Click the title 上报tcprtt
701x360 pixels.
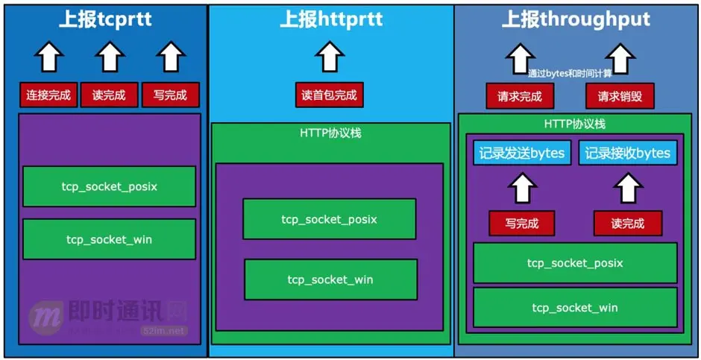pos(106,19)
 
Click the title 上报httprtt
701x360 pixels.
pos(331,19)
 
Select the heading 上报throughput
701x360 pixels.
pos(576,19)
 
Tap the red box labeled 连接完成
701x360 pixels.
pos(48,95)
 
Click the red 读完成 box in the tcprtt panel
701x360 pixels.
pos(109,95)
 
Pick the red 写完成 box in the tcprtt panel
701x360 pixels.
pos(171,95)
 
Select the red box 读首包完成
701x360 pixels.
pos(329,95)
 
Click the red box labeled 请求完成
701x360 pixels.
pos(520,96)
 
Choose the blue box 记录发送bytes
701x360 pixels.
pos(522,153)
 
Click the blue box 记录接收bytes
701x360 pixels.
pos(628,153)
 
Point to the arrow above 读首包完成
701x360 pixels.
pos(329,57)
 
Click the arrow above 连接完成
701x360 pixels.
pos(49,57)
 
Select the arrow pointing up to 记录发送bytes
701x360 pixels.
pos(522,188)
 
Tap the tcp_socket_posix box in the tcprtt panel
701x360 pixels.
pos(109,186)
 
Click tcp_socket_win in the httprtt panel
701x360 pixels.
pos(330,280)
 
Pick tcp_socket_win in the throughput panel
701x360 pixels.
pos(574,308)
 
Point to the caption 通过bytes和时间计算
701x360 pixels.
pos(570,73)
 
